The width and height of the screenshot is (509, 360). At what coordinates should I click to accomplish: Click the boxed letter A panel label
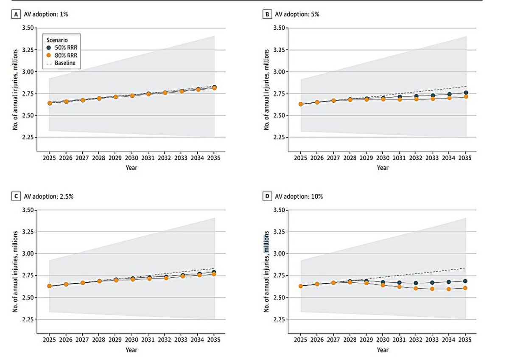pos(16,14)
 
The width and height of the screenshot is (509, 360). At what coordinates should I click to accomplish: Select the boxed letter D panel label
pos(267,196)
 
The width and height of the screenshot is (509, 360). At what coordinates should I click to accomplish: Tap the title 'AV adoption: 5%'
pos(297,14)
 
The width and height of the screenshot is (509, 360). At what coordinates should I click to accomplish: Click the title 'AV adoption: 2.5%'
pos(49,197)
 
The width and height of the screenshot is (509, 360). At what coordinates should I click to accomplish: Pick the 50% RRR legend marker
pos(49,48)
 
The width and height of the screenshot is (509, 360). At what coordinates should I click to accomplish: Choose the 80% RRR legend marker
pos(49,55)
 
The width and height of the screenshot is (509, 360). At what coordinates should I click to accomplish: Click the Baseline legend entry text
pos(65,63)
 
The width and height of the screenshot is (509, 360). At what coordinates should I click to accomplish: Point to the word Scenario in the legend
pos(57,40)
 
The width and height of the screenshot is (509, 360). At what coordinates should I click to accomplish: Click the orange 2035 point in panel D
pos(465,288)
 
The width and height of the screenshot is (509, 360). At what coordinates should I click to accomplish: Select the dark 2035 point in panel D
pos(465,281)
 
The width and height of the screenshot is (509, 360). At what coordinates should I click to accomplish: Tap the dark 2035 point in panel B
pos(466,93)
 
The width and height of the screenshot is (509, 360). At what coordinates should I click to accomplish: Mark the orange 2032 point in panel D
pos(416,288)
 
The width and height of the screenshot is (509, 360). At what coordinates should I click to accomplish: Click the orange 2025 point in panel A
pos(50,103)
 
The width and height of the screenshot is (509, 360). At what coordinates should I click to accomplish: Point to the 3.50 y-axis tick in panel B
pos(279,28)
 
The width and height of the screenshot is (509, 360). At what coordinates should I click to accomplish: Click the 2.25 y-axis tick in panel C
pos(28,319)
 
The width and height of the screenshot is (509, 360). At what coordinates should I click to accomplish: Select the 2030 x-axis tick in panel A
pos(131,158)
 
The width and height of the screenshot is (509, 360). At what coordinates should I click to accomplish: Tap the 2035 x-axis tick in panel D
pos(465,340)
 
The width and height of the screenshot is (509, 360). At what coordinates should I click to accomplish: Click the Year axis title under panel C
pos(131,350)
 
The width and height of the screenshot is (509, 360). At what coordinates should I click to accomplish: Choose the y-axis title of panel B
pos(266,90)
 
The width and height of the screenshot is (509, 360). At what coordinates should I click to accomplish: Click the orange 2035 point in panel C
pos(214,274)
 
